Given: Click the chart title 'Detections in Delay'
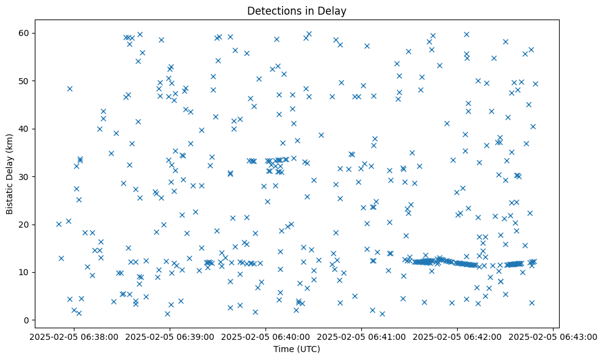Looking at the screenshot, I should tap(297, 10).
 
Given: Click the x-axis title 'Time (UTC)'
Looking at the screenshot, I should tap(297, 349).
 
